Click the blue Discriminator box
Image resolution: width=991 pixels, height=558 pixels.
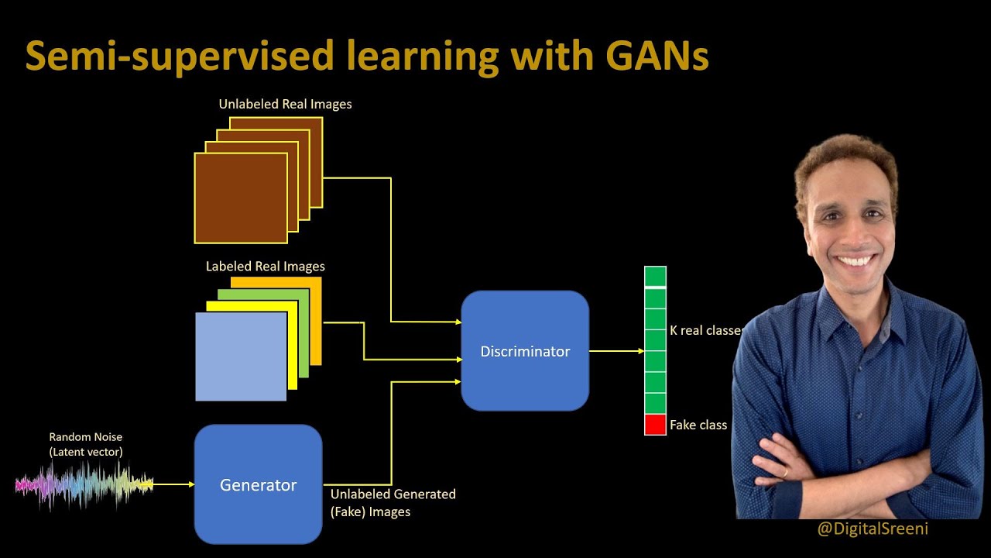point(525,350)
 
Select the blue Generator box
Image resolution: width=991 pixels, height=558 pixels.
point(258,484)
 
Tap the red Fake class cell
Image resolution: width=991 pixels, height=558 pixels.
point(655,425)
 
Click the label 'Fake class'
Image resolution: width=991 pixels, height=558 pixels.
point(698,425)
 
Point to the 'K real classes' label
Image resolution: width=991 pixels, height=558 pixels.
point(705,330)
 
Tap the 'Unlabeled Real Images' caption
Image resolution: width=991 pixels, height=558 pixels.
point(285,104)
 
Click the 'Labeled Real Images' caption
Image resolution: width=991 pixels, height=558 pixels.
point(265,266)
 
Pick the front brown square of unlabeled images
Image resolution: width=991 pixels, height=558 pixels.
point(240,198)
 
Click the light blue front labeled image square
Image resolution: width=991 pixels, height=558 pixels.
point(240,356)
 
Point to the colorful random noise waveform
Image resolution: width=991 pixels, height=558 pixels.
point(84,485)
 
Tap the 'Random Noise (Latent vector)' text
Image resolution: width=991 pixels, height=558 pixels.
point(85,444)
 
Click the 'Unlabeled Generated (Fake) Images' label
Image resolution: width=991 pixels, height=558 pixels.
point(393,502)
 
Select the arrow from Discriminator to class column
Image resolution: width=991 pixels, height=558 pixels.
point(616,351)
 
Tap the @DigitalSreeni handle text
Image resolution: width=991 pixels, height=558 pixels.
point(872,529)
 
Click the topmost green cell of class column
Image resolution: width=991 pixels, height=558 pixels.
point(655,276)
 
